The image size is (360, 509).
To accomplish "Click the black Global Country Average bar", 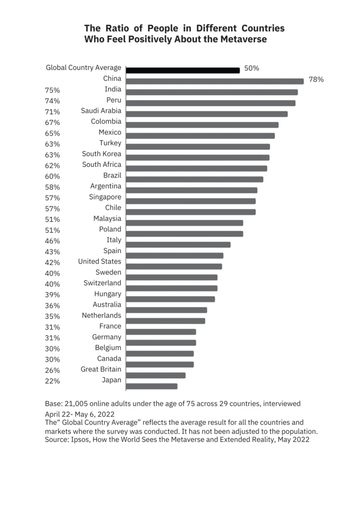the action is coord(183,70).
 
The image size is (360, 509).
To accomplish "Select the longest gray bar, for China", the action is coord(215,81).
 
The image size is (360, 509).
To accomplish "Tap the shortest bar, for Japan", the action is coord(152,386).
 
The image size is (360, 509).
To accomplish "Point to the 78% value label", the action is coord(316,80).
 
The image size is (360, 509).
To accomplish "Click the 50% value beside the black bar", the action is coord(252,68).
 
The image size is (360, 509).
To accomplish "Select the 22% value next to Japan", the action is coord(53,381).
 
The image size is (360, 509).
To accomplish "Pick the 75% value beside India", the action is coord(53,90).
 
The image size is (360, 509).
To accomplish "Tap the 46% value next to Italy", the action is coord(53,241).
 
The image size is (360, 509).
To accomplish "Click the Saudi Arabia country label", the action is coord(101,111).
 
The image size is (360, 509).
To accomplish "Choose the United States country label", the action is coord(99,261).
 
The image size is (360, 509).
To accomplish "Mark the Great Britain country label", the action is coord(101,369).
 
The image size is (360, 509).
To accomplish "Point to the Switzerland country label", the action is coord(102,283).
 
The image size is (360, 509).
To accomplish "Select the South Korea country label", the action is coord(101,154).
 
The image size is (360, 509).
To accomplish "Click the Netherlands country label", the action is coord(101,315).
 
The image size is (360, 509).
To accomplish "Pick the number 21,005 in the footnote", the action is coord(76,404).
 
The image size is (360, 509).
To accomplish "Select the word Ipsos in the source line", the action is coord(81,440).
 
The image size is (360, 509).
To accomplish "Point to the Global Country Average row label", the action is coord(84,68).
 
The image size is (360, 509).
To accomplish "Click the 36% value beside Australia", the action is coord(53,306).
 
